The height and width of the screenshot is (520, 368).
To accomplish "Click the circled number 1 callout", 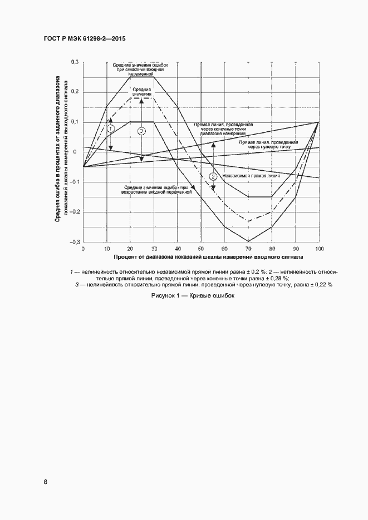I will click(110, 128).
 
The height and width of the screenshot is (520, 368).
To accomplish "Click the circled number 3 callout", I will click(141, 131).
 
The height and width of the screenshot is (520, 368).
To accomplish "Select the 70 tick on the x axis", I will click(248, 249).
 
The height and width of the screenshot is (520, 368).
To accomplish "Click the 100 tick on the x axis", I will click(319, 249).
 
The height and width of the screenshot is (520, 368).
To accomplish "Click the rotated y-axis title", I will click(61, 150).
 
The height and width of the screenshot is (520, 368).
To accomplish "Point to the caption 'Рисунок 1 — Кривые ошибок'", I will click(193, 296).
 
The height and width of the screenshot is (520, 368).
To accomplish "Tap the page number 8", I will click(45, 482).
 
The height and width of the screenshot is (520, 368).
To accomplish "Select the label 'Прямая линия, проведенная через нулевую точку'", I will click(268, 145).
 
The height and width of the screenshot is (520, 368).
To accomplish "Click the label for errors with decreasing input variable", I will click(137, 69).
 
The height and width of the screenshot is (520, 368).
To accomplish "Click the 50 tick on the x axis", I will click(201, 249).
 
